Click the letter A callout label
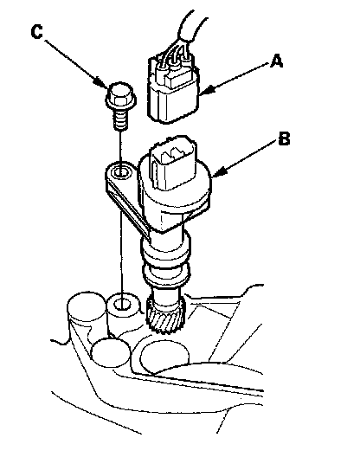pyautogui.click(x=276, y=61)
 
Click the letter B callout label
pyautogui.click(x=284, y=138)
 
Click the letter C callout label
pyautogui.click(x=36, y=32)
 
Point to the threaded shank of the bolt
pyautogui.click(x=120, y=119)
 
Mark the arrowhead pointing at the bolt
pyautogui.click(x=102, y=82)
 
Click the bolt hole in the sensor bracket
pyautogui.click(x=121, y=172)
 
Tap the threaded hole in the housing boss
pyautogui.click(x=122, y=305)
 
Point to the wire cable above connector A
pyautogui.click(x=191, y=26)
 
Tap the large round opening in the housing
pyautogui.click(x=164, y=357)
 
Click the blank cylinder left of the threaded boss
pyautogui.click(x=87, y=307)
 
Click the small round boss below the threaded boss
pyautogui.click(x=110, y=352)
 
